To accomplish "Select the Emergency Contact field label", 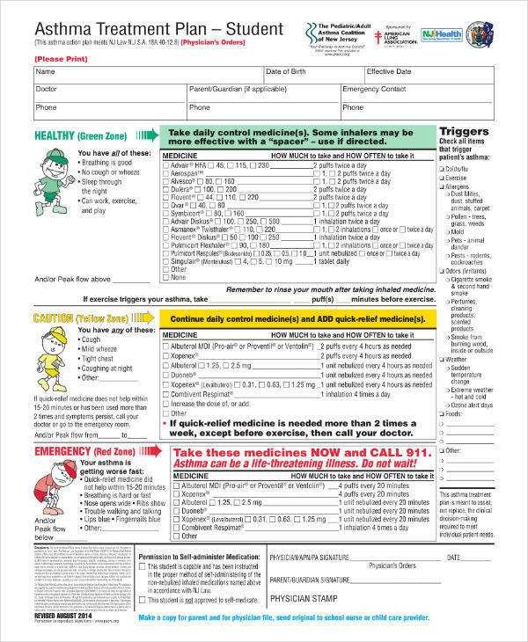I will click(374, 89).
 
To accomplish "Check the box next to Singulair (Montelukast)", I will click(167, 261).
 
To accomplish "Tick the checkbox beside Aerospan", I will click(167, 174).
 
